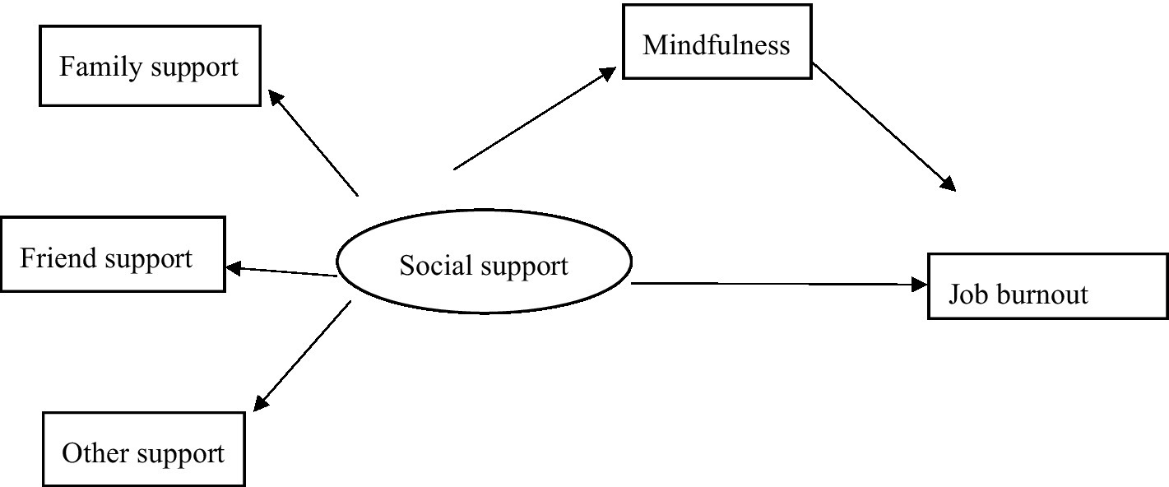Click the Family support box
point(149,67)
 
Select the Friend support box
point(113,253)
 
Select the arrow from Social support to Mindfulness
point(535,119)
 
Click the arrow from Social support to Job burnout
point(777,285)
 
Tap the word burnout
point(1041,294)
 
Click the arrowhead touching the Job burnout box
point(919,285)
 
